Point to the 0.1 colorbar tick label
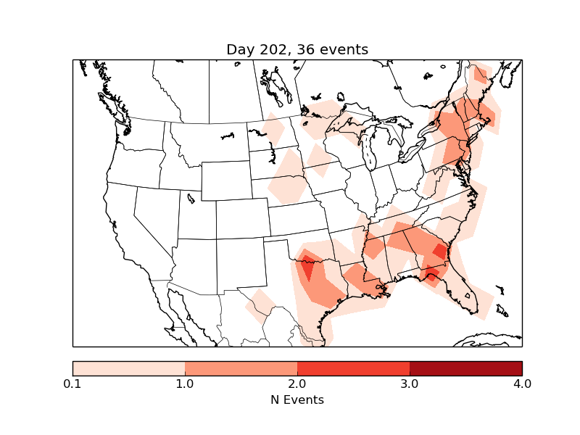coord(72,384)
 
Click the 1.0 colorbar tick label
coord(185,384)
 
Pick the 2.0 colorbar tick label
coord(297,384)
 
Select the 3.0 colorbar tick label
coord(410,384)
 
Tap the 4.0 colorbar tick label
coord(522,384)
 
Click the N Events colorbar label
coord(297,399)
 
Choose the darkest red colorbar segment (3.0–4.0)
coord(465,368)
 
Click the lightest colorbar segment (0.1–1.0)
coord(128,368)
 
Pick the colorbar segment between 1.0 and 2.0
coord(241,368)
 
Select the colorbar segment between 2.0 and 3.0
coord(353,368)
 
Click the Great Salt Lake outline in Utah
coord(191,198)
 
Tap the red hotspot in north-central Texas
coord(308,271)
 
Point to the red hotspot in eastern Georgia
coord(439,252)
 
